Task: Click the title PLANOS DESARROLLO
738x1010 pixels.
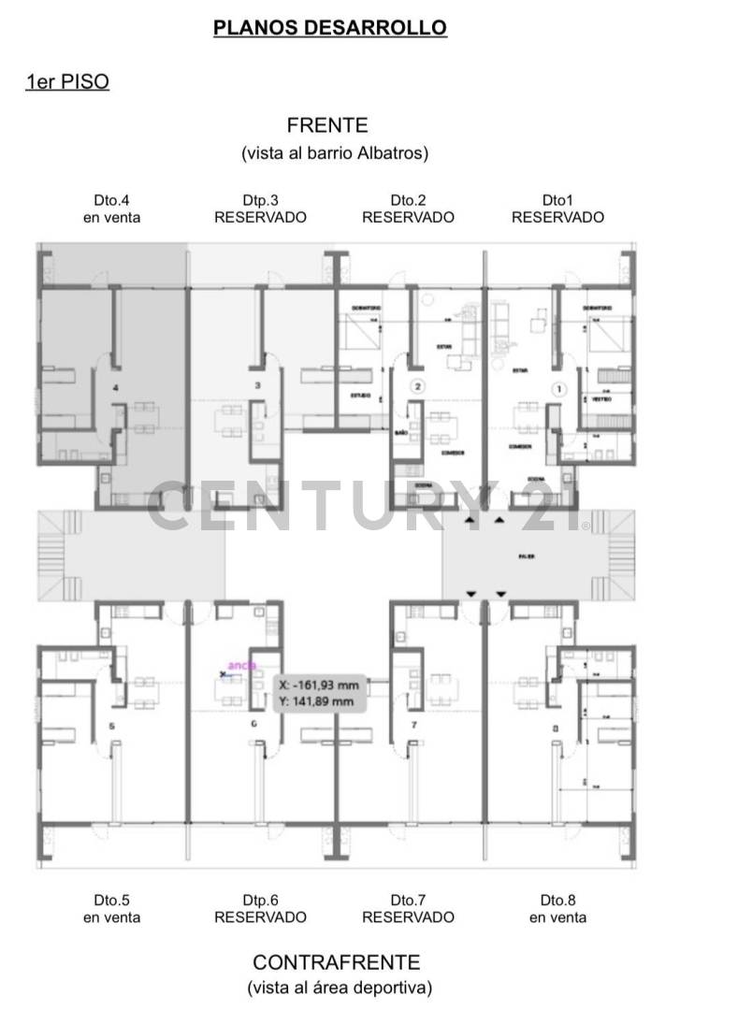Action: tap(330, 28)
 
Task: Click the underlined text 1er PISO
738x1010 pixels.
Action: tap(67, 82)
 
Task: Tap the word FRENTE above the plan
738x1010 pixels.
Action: tap(327, 124)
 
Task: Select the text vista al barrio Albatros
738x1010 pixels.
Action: tap(334, 152)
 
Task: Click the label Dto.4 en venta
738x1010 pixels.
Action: tap(111, 209)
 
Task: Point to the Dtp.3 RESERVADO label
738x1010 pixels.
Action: tap(260, 209)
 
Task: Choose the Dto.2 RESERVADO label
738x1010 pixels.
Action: tap(408, 209)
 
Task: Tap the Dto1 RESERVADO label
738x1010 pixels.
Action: tap(557, 209)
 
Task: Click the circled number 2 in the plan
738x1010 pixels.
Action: tap(418, 385)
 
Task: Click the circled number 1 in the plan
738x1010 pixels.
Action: tap(559, 388)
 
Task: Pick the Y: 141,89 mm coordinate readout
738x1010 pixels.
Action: tap(316, 700)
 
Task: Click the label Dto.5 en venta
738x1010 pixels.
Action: tap(111, 909)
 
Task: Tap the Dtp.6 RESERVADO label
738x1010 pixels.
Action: tap(260, 909)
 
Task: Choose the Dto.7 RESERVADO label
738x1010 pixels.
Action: tap(408, 909)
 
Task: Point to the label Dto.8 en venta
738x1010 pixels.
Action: tap(557, 909)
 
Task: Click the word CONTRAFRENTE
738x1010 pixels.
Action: tap(336, 962)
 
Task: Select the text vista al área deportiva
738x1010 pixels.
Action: tap(340, 988)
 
